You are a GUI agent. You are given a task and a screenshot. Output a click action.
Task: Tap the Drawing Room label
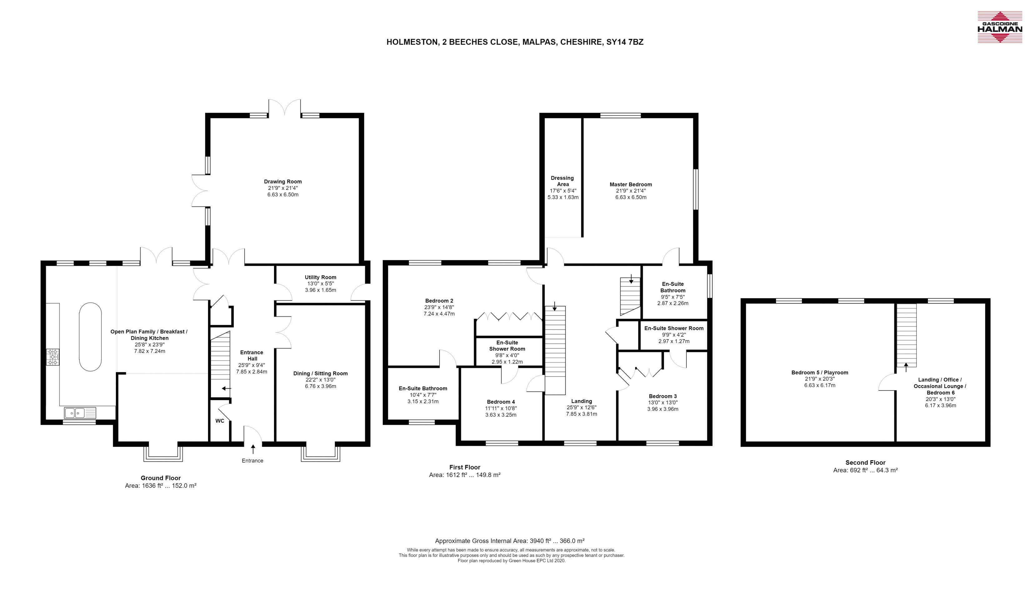point(283,181)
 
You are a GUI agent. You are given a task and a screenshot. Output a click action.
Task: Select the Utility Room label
point(320,277)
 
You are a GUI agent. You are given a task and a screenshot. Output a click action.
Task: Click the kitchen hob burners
point(53,356)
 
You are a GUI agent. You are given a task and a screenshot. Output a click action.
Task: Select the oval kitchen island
point(90,337)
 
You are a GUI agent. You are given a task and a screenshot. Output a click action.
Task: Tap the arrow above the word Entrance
point(253,449)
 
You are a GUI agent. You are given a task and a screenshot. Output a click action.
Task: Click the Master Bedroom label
point(630,185)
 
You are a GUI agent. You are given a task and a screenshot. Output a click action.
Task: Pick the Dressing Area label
point(563,181)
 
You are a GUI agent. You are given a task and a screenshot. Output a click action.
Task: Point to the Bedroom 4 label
point(501,402)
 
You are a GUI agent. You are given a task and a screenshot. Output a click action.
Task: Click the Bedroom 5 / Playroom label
point(819,373)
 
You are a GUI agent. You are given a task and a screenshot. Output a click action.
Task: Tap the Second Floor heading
point(865,463)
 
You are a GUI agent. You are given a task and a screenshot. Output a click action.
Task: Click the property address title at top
point(515,42)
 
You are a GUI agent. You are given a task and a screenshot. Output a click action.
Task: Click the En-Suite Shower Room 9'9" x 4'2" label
point(673,335)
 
